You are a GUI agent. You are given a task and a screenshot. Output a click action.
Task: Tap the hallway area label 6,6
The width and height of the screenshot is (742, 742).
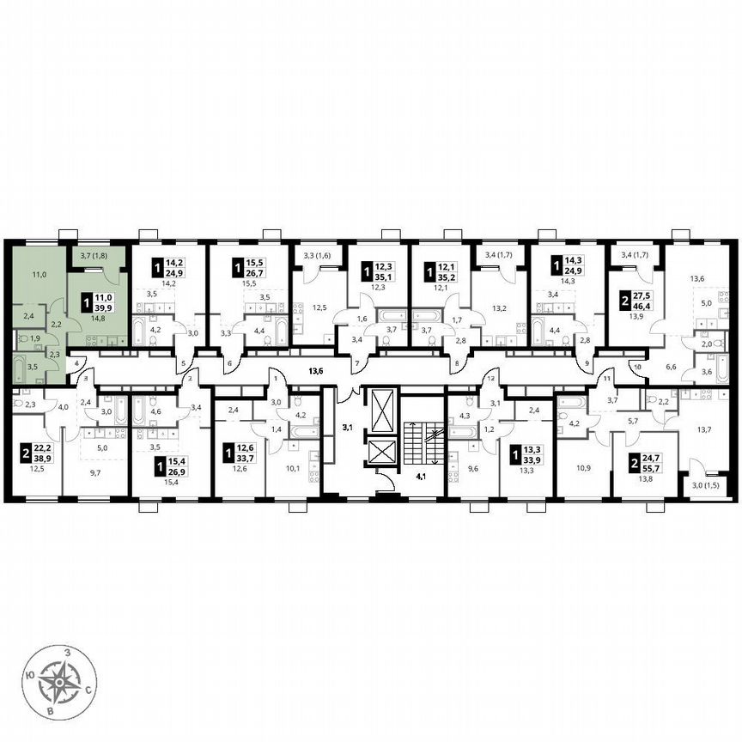tap(672, 367)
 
